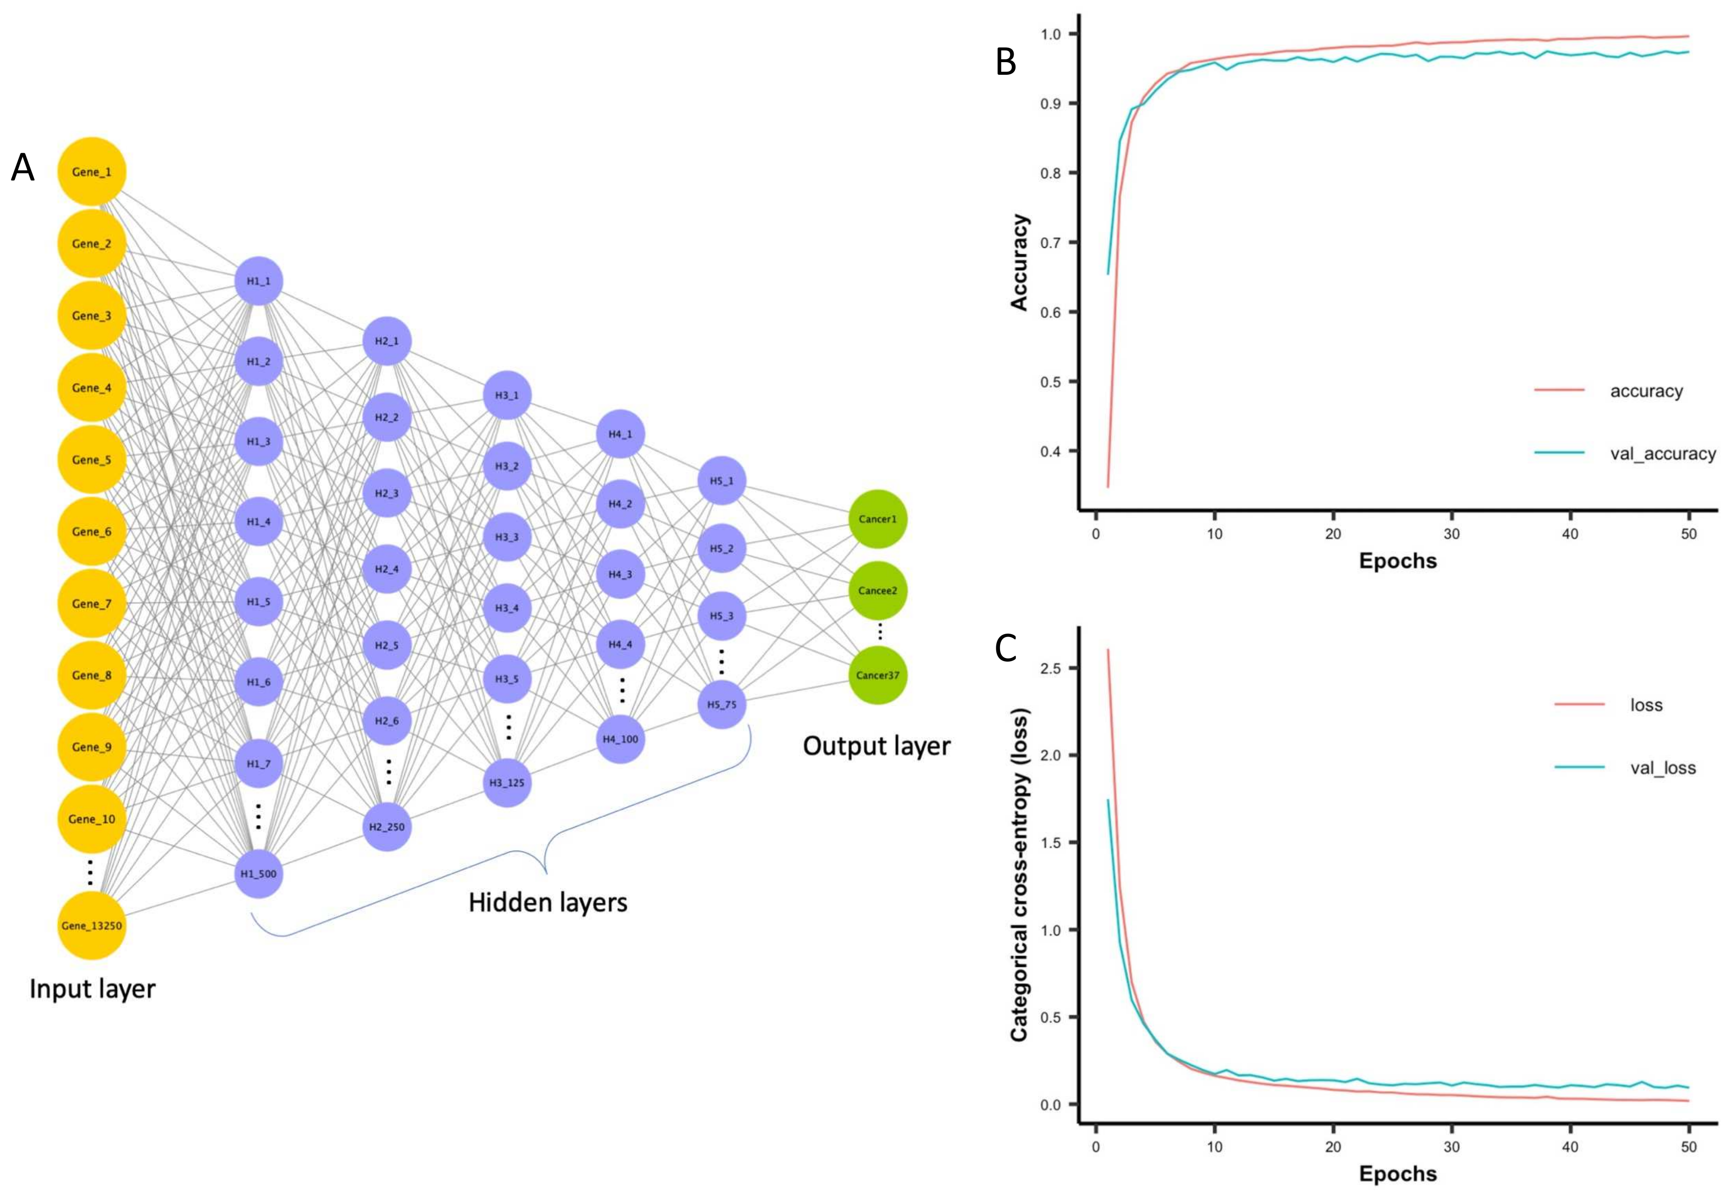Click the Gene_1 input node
pos(91,172)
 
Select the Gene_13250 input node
pos(91,925)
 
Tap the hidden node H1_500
pos(258,873)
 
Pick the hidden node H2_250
pos(387,827)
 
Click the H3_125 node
pos(507,782)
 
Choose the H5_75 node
pos(722,705)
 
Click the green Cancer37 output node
pos(877,675)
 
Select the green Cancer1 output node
pos(877,519)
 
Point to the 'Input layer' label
pos(92,988)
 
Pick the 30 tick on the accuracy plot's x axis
pos(1451,534)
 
